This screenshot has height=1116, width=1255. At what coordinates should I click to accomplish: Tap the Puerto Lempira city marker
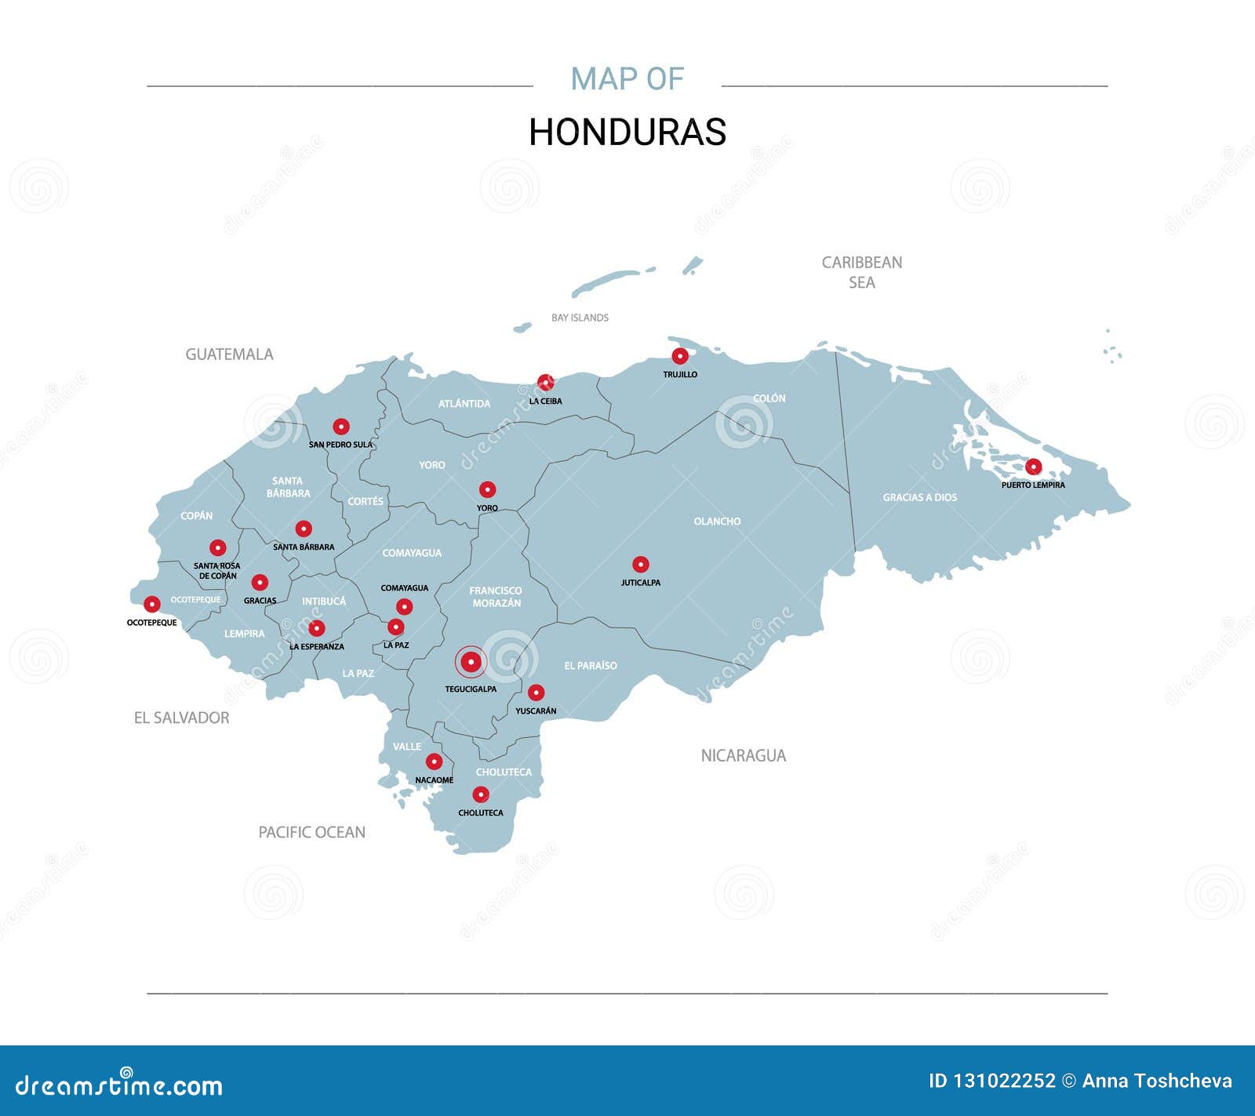[x=1034, y=467]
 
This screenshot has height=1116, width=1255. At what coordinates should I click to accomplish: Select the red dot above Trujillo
[x=680, y=356]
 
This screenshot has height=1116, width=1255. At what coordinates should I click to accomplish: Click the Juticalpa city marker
[x=641, y=565]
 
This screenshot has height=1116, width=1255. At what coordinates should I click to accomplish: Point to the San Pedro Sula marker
[x=340, y=427]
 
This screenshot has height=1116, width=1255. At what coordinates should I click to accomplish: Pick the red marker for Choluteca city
[x=481, y=794]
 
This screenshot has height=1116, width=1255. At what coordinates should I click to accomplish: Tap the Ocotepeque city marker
[x=152, y=604]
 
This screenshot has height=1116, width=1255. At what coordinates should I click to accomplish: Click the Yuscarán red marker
[x=536, y=693]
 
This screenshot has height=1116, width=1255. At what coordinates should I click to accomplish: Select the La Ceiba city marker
[x=545, y=382]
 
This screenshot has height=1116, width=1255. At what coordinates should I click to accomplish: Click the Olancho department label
[x=717, y=521]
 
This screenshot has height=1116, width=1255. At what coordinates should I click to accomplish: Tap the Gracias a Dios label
[x=919, y=497]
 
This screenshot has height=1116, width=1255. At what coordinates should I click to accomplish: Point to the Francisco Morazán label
[x=496, y=597]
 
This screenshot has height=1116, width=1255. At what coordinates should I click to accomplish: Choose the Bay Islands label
[x=580, y=318]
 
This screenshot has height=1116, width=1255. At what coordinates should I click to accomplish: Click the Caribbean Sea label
[x=861, y=272]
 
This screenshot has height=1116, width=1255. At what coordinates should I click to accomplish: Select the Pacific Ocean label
[x=311, y=832]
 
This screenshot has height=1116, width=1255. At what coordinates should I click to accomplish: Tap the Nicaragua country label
[x=743, y=755]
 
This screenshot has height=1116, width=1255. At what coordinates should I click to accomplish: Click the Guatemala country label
[x=229, y=354]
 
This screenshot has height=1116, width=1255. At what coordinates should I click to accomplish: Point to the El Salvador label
[x=181, y=718]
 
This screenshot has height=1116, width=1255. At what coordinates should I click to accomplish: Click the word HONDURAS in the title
[x=627, y=132]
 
